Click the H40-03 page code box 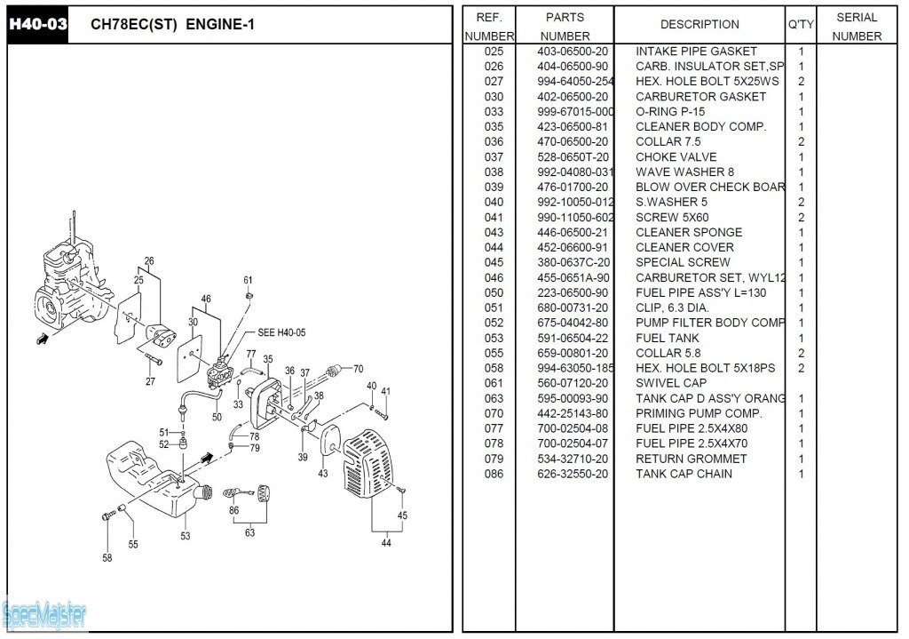37,25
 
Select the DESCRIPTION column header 700,25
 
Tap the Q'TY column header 800,25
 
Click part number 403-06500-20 573,52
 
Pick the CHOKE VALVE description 676,157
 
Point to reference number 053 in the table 494,339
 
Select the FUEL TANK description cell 667,339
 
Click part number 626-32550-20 573,475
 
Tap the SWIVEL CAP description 671,384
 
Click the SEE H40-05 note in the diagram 281,332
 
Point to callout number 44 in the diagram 386,543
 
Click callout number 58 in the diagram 107,558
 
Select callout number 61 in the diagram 248,281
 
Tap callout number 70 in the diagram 358,369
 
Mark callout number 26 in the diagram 149,261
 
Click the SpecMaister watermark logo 44,612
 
